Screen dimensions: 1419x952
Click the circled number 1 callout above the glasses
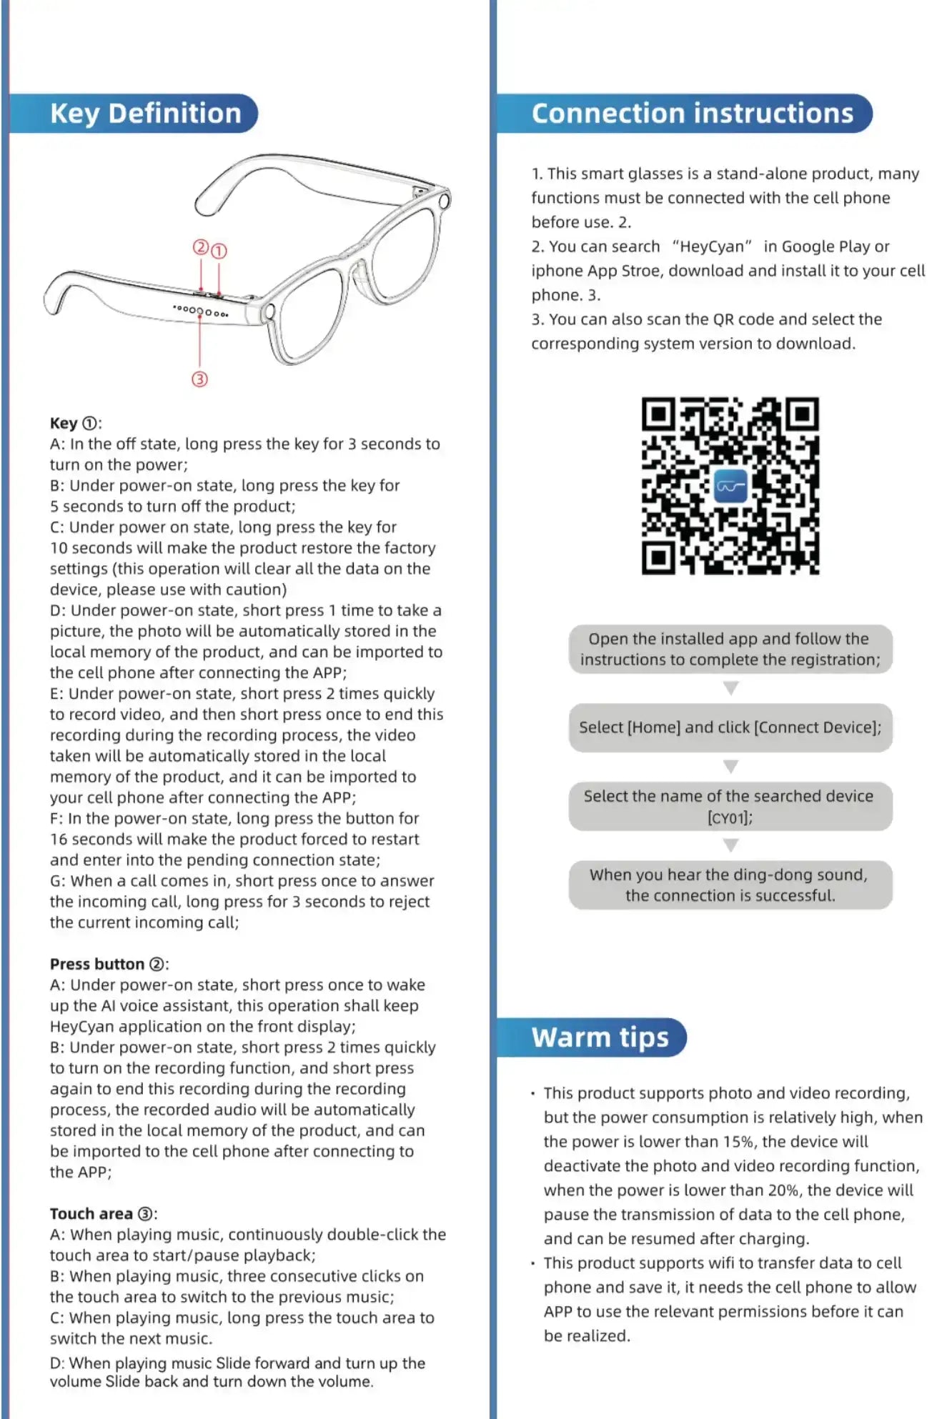[219, 251]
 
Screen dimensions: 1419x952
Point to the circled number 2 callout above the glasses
[201, 247]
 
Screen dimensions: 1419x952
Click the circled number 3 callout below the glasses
[200, 379]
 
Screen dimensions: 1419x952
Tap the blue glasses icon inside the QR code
[730, 486]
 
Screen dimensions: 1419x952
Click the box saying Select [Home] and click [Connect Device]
[730, 727]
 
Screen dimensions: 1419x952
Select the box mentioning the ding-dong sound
[730, 885]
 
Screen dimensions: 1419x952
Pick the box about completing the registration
[730, 649]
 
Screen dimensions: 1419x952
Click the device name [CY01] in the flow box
[730, 817]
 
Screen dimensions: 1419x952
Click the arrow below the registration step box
[730, 688]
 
